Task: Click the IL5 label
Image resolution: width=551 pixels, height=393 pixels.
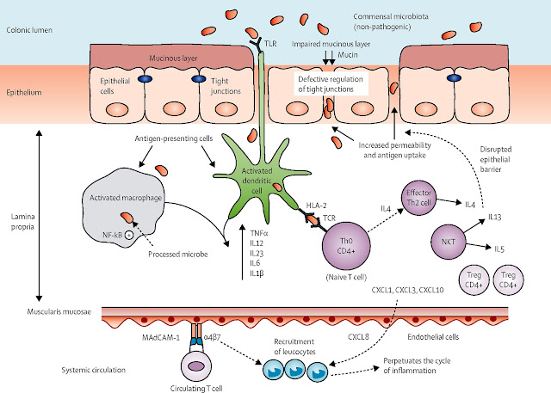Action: point(499,249)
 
